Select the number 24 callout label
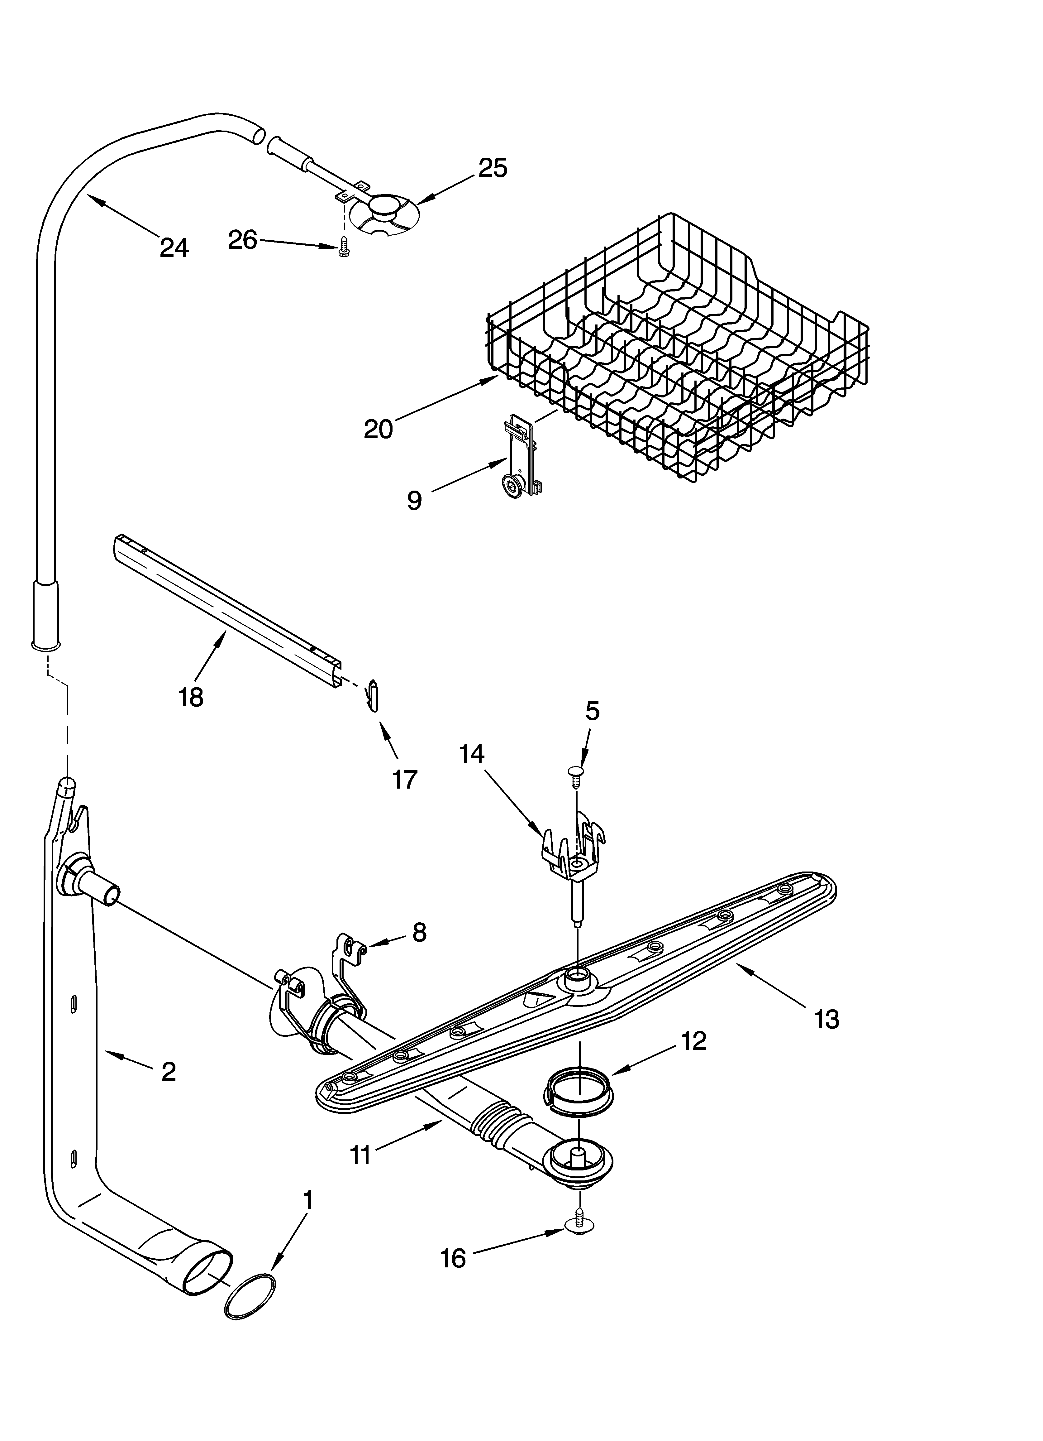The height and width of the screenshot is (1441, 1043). (x=174, y=247)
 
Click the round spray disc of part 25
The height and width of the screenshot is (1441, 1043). (x=384, y=219)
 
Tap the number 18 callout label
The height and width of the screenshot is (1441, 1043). (x=191, y=697)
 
